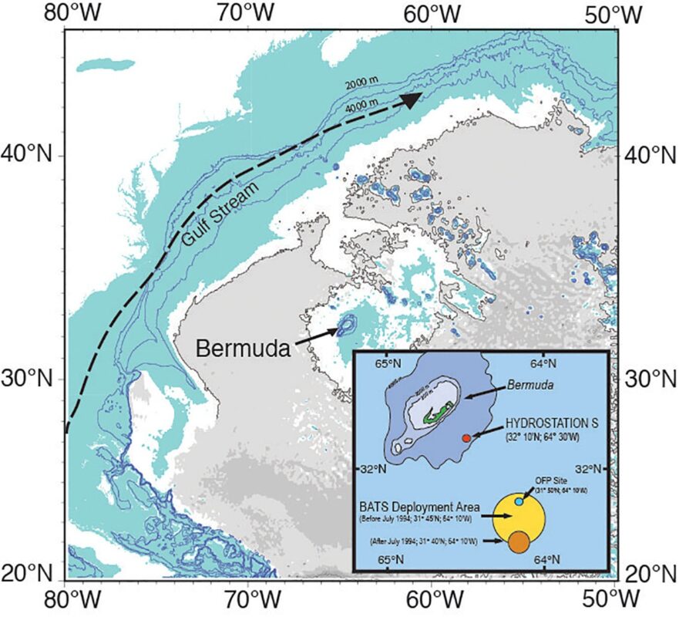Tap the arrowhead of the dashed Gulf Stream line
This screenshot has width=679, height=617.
[x=411, y=99]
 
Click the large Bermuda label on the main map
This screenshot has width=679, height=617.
[x=242, y=348]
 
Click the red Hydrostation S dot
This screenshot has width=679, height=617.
[x=466, y=438]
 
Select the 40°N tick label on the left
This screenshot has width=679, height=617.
[x=31, y=155]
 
